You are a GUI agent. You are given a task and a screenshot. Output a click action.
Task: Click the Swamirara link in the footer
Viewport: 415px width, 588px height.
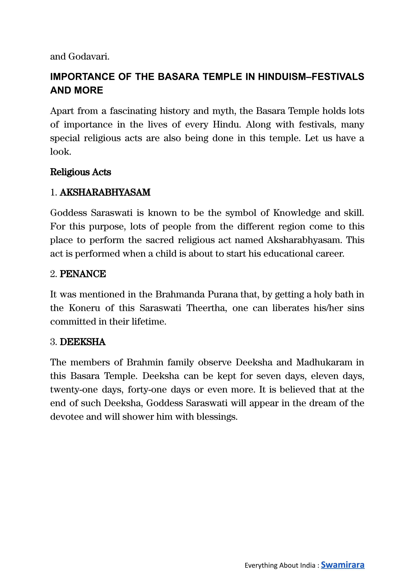coord(342,565)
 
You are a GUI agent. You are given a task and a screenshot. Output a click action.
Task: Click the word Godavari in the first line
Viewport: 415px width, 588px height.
coord(89,57)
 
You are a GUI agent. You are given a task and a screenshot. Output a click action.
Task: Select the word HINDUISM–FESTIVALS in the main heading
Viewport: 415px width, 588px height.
coord(311,77)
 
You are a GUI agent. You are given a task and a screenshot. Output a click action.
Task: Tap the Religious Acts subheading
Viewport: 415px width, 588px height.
coord(80,172)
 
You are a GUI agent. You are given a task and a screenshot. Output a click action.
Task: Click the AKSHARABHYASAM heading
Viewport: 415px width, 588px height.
coord(105,192)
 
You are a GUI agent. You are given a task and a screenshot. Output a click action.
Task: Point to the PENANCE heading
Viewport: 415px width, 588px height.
coord(83,274)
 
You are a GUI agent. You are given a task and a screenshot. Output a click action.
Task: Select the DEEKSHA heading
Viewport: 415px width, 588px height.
coord(82,342)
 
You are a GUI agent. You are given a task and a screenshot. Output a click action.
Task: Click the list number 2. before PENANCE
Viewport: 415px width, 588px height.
coord(53,274)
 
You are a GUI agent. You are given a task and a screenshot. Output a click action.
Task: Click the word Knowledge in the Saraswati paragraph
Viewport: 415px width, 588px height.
coord(297,213)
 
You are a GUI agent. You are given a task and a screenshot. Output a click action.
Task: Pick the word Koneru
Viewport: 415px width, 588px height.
coord(84,308)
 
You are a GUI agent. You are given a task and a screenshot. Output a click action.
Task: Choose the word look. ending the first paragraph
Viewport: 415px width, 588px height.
coord(60,152)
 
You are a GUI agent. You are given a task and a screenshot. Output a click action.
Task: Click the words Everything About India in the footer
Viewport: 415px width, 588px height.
coord(280,566)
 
